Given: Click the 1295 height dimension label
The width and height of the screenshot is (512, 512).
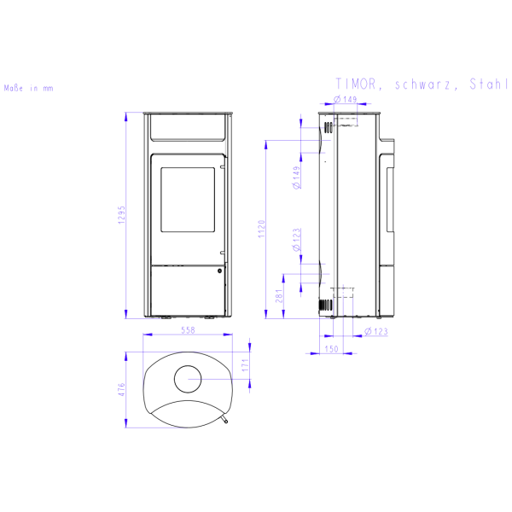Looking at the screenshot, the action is pyautogui.click(x=121, y=215).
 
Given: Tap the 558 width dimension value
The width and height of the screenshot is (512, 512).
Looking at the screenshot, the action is pyautogui.click(x=188, y=330).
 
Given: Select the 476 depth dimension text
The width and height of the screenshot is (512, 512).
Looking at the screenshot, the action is pyautogui.click(x=121, y=390).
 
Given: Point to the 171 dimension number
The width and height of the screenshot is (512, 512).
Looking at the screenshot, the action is pyautogui.click(x=245, y=364).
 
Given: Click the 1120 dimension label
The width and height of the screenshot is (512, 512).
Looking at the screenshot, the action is pyautogui.click(x=262, y=229).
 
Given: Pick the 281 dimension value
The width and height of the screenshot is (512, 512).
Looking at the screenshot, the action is pyautogui.click(x=279, y=296).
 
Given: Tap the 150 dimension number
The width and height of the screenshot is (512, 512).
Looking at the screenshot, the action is pyautogui.click(x=331, y=349).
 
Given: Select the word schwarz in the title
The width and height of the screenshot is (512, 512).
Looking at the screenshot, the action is pyautogui.click(x=422, y=84).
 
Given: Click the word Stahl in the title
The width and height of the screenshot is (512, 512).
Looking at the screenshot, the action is pyautogui.click(x=488, y=84).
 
